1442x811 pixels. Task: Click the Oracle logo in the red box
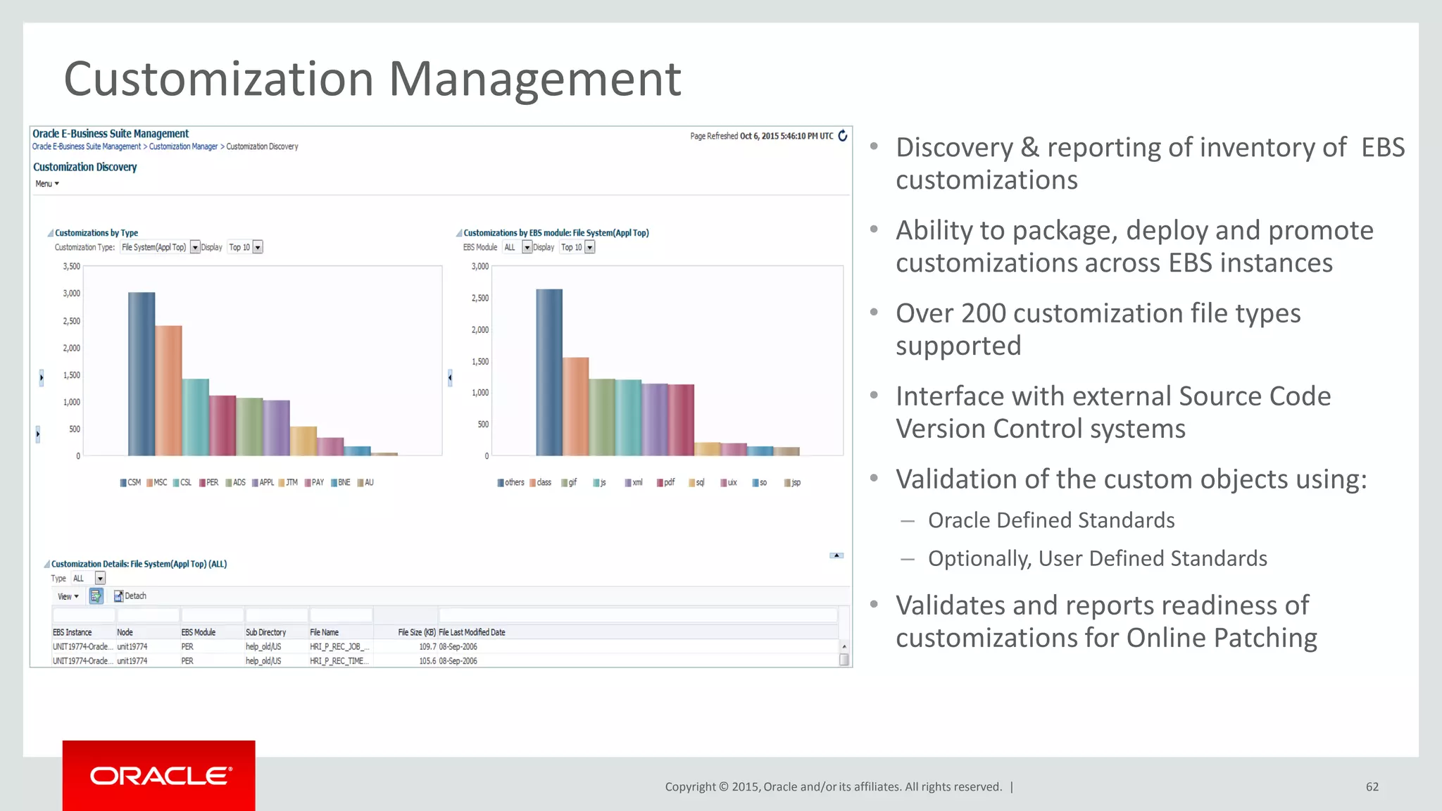pos(160,776)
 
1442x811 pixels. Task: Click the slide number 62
pos(1372,787)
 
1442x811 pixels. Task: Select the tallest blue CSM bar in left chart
pos(142,374)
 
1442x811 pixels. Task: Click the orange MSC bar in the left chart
pos(168,391)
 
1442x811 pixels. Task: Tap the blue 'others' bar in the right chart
pos(549,372)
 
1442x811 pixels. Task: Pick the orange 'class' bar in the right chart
pos(575,406)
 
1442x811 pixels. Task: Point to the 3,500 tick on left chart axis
pos(71,267)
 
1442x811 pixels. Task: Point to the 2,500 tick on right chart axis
pos(479,298)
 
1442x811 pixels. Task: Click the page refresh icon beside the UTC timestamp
pos(842,136)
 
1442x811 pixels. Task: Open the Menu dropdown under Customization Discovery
pos(46,184)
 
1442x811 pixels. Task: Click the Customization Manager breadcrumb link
pos(183,146)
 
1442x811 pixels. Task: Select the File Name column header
pos(325,632)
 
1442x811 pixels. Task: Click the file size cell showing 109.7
pos(427,646)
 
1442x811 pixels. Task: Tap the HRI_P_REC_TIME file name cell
pos(339,661)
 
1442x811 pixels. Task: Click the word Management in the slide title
pos(534,79)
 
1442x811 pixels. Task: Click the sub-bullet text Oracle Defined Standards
pos(1051,520)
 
